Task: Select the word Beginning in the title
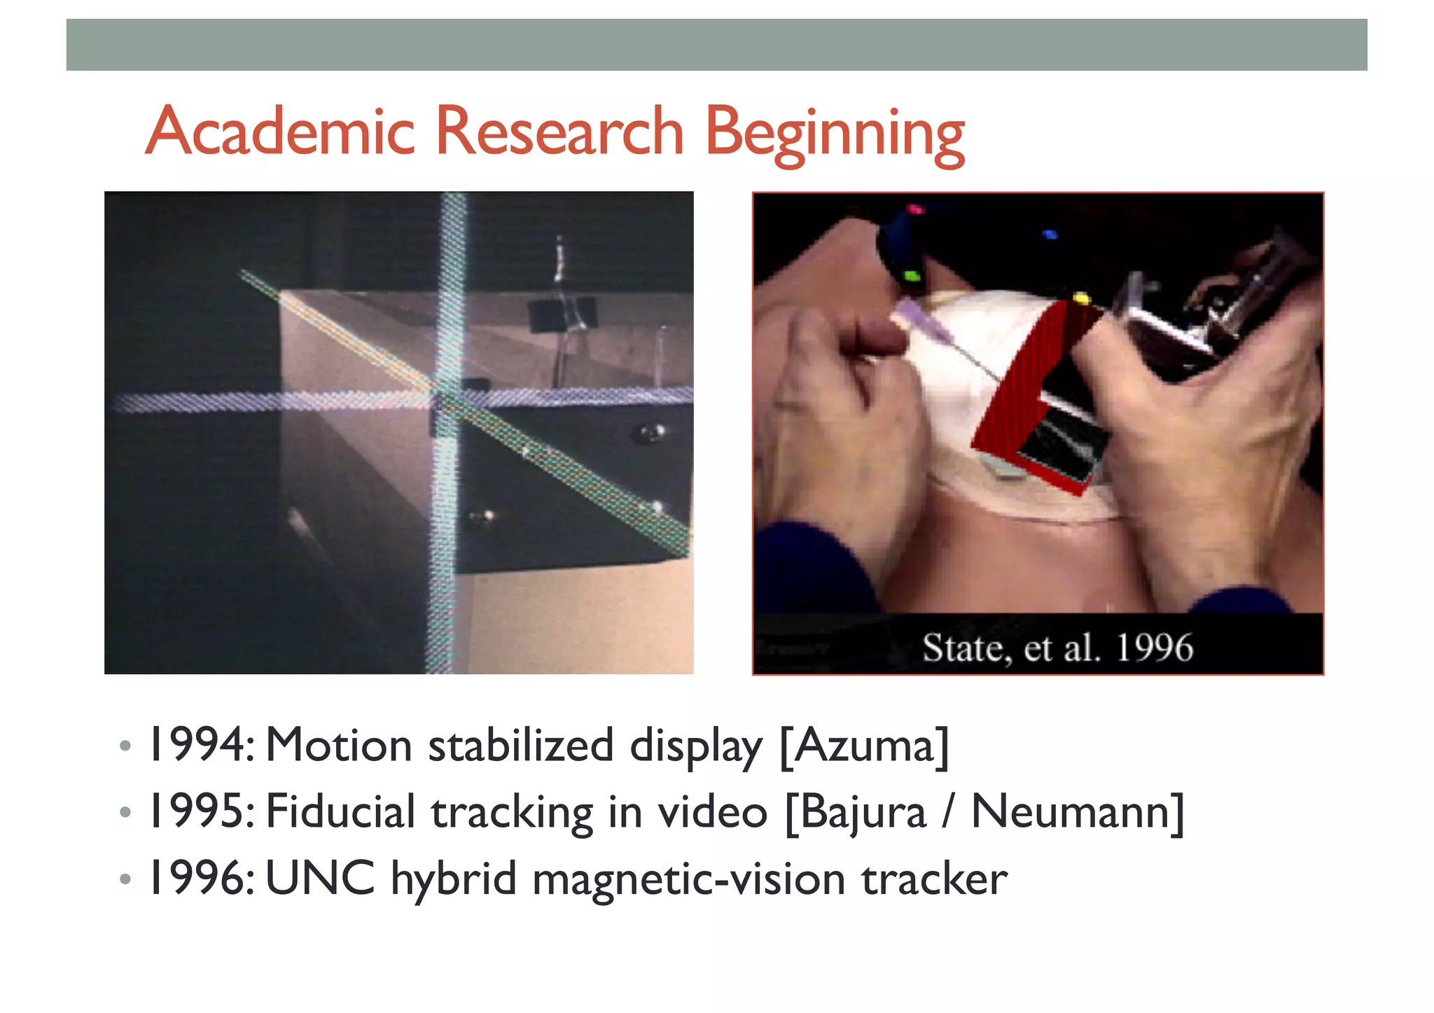pyautogui.click(x=834, y=134)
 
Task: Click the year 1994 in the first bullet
pyautogui.click(x=197, y=745)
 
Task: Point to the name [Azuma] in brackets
pyautogui.click(x=864, y=746)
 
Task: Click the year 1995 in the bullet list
pyautogui.click(x=197, y=812)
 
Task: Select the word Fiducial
pyautogui.click(x=341, y=812)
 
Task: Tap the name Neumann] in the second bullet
pyautogui.click(x=1078, y=812)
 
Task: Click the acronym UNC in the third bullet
pyautogui.click(x=320, y=879)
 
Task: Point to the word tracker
pyautogui.click(x=934, y=879)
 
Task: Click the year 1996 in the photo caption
pyautogui.click(x=1154, y=648)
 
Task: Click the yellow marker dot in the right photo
pyautogui.click(x=1081, y=300)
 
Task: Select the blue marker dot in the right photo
pyautogui.click(x=1050, y=235)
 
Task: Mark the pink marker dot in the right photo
pyautogui.click(x=914, y=209)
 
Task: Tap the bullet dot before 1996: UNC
pyautogui.click(x=125, y=879)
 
